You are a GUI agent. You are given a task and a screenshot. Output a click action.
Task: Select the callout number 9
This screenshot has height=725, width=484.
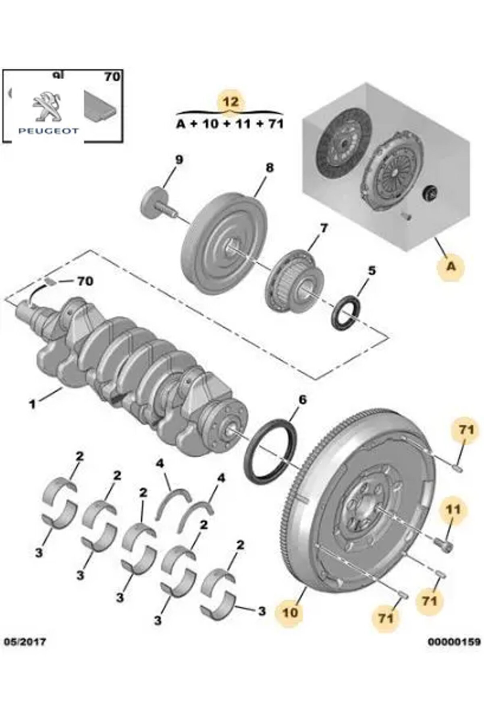click(179, 160)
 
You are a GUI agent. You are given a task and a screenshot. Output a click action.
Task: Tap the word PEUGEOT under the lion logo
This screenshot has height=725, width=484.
click(48, 131)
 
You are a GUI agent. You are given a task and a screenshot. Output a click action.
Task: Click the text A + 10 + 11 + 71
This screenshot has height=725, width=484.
click(230, 124)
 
